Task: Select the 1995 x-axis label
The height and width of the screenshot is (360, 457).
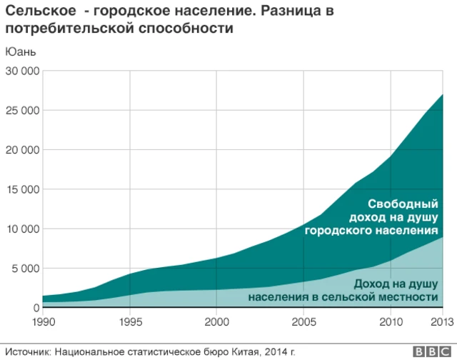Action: tap(130, 322)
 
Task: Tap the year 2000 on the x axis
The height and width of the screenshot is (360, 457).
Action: tap(216, 322)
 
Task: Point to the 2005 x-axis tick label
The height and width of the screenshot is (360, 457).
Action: tap(303, 322)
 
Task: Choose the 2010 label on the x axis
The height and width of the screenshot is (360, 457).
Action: tap(391, 322)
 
